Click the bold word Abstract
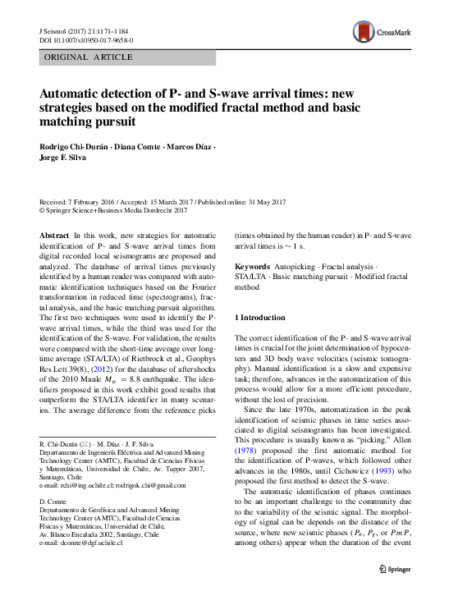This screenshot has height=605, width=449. (54, 235)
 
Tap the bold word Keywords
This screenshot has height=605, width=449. (251, 268)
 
